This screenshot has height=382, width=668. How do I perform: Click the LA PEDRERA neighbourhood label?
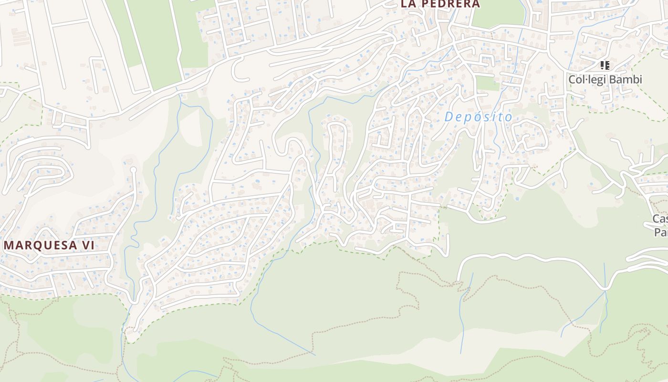(440, 4)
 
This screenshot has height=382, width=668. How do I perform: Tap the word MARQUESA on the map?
(40, 246)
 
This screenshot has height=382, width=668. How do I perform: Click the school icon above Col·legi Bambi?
(605, 65)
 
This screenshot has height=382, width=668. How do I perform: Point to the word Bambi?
(626, 80)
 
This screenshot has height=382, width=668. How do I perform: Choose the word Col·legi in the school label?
(587, 80)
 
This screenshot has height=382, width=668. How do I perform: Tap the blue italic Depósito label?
(478, 117)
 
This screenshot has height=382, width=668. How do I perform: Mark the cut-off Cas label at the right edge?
(660, 219)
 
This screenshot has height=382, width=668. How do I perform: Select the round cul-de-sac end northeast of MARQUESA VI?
(133, 170)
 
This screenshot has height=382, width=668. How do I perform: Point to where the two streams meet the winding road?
(605, 289)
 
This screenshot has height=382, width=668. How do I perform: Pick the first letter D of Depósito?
(449, 117)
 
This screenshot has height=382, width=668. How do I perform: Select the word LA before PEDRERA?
(408, 4)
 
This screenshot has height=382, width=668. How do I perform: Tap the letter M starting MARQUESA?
(8, 246)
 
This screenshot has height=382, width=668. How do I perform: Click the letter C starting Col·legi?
(572, 80)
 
